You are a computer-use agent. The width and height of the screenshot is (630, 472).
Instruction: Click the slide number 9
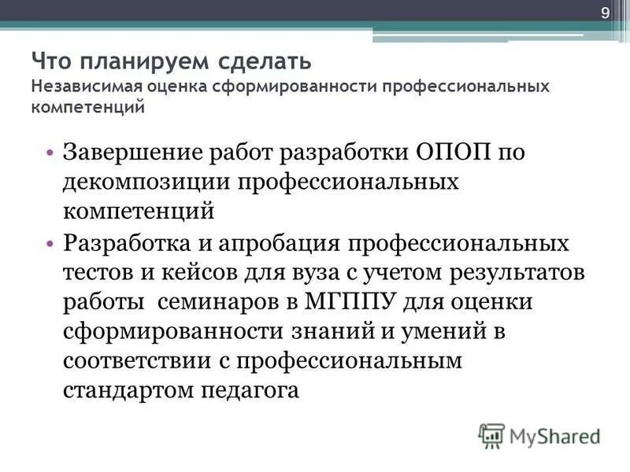(x=605, y=13)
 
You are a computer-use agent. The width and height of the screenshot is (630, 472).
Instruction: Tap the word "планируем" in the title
(x=128, y=61)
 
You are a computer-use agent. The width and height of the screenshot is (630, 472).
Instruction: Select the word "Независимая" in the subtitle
(x=80, y=86)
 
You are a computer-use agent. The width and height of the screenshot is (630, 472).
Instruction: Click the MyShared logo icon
(x=491, y=434)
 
